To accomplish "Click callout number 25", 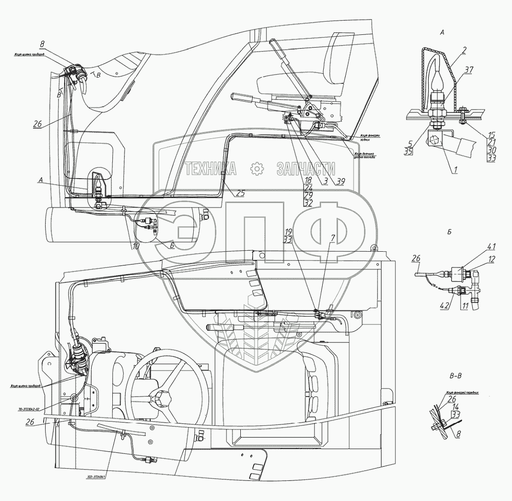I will (239, 193).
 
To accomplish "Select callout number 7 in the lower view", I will (333, 238).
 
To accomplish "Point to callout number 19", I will (288, 231).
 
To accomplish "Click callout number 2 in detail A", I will (464, 50).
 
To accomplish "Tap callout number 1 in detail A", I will (455, 170).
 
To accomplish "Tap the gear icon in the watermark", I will (257, 169).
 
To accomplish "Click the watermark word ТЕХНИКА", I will (210, 169).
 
